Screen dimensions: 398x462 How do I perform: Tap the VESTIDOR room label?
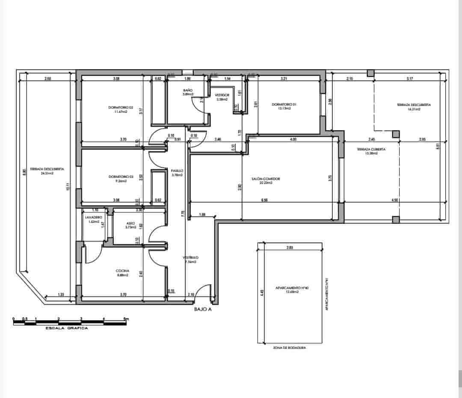coord(222,95)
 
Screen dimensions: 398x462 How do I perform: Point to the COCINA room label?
coord(122,271)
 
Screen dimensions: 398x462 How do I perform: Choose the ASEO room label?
coord(131,223)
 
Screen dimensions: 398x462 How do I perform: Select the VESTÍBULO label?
coord(191,258)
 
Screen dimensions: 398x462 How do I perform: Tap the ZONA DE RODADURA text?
coord(290,348)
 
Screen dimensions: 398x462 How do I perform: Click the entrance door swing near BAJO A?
coord(206,292)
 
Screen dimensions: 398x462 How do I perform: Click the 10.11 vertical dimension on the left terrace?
coord(68,187)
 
